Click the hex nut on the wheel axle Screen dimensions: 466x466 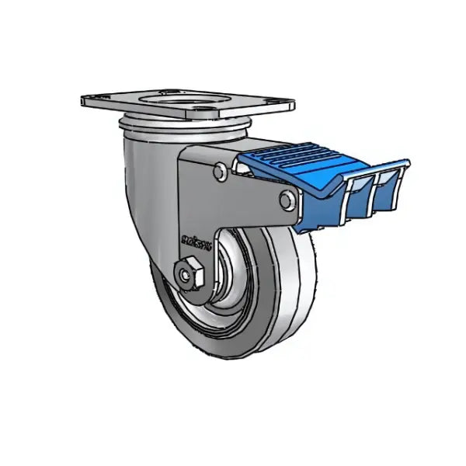click(x=188, y=273)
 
